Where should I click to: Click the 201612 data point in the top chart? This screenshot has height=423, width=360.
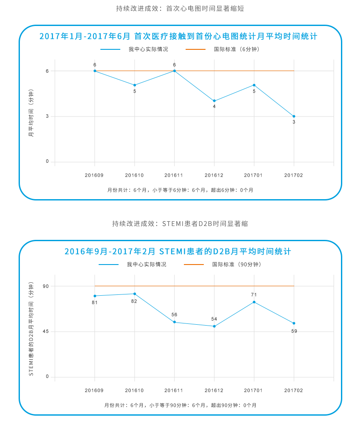click(214, 101)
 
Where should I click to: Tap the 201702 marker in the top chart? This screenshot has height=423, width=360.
click(294, 116)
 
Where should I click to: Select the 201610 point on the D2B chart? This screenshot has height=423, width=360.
click(135, 294)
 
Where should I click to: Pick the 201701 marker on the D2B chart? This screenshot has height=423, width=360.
click(254, 302)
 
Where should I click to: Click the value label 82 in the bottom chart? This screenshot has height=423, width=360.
click(134, 301)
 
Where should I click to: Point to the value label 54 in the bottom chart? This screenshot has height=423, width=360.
click(214, 319)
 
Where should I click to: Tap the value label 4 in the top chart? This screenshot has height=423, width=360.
click(214, 107)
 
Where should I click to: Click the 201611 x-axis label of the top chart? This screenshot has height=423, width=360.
click(174, 175)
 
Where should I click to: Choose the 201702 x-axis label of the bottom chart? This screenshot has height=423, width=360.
click(294, 391)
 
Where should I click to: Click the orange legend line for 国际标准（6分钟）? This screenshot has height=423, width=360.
click(196, 49)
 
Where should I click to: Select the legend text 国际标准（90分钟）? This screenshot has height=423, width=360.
click(236, 264)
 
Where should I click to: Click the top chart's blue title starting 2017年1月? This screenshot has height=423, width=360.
click(179, 36)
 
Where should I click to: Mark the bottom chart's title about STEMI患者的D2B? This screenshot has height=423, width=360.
click(178, 252)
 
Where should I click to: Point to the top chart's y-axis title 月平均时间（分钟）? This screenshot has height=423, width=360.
click(31, 113)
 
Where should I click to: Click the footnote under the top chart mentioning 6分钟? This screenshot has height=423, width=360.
click(180, 190)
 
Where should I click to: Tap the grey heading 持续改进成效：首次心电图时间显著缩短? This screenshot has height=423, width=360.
click(180, 9)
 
